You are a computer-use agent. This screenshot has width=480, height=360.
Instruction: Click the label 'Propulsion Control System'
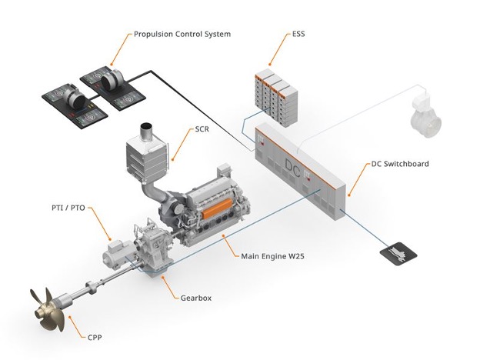coord(182,34)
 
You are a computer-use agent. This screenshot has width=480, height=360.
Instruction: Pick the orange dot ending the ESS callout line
coord(270,63)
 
